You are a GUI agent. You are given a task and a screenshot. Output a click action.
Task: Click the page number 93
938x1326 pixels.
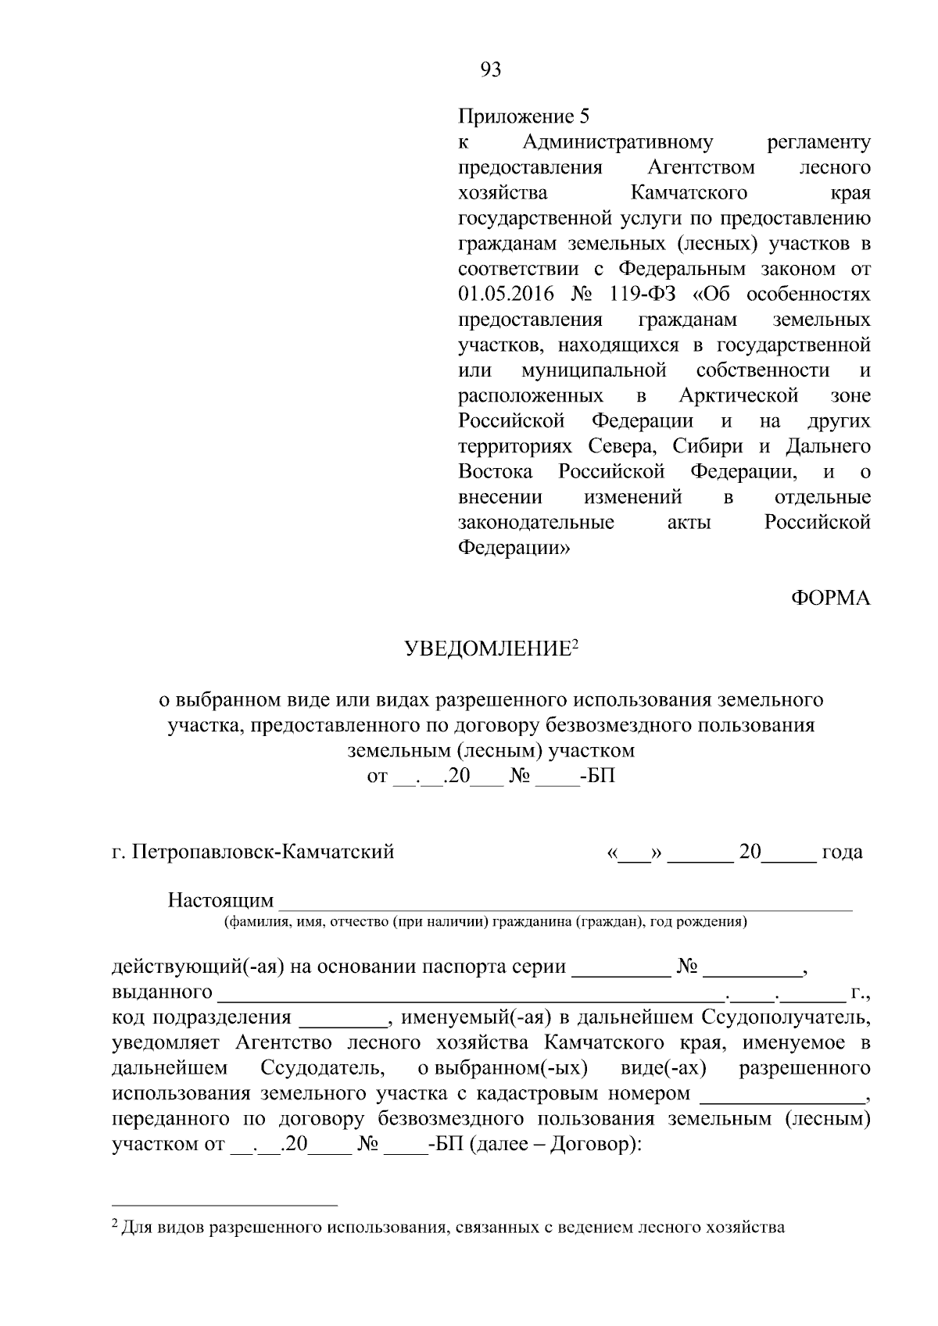point(490,70)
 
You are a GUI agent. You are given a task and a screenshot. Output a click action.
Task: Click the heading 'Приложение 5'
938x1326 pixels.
point(522,117)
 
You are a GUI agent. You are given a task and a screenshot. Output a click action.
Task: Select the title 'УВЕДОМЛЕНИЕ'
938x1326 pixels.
point(487,649)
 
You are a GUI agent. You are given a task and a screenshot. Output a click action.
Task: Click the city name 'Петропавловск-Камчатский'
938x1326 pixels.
point(263,852)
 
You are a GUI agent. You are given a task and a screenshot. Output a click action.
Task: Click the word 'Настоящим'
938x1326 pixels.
point(220,901)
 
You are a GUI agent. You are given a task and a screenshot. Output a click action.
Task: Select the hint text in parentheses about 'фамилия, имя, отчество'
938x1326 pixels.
point(485,922)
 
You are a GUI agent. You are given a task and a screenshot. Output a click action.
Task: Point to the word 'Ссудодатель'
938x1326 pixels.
point(321,1068)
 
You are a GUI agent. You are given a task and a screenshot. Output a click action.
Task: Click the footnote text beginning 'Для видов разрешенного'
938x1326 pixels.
point(453,1228)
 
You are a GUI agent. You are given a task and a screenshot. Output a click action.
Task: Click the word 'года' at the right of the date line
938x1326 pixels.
point(842,852)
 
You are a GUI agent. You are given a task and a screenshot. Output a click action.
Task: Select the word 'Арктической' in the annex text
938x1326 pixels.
point(739,395)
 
